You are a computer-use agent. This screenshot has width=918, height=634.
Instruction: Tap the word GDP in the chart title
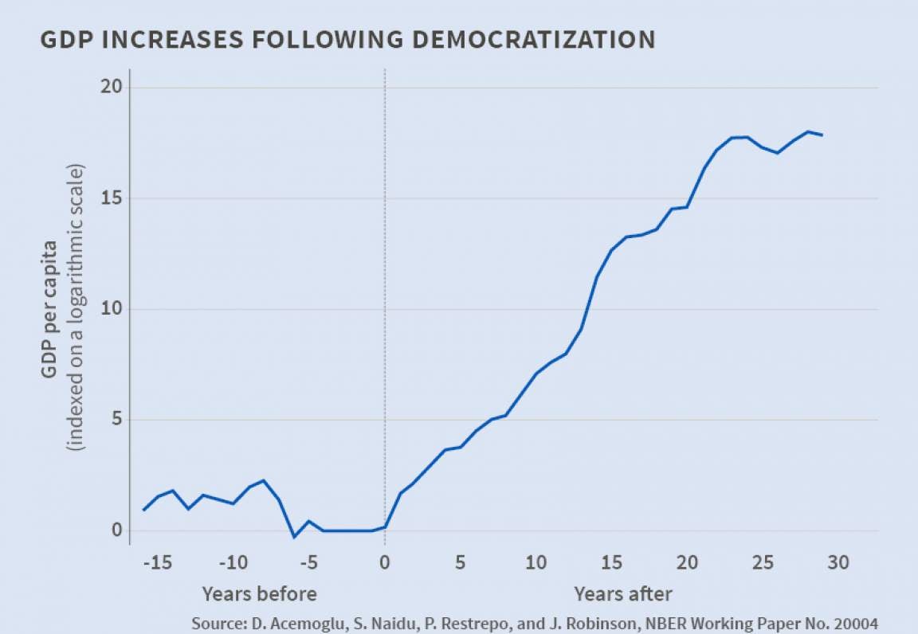[x=64, y=39]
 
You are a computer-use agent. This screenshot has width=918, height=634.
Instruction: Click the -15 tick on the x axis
[x=157, y=563]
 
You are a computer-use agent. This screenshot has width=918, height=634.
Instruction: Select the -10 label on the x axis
[x=233, y=563]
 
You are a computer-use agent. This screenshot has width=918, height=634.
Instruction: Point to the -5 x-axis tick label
[x=308, y=563]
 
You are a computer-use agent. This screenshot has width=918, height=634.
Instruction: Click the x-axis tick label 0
[x=385, y=563]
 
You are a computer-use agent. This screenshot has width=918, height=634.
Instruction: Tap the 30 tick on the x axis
[x=838, y=563]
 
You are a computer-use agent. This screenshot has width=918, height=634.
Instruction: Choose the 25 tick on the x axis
[x=763, y=563]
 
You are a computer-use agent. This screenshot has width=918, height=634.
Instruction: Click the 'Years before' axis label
[x=259, y=594]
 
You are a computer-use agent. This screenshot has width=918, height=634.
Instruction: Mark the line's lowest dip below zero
[x=294, y=537]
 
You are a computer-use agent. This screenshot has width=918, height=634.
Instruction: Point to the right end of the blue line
[x=822, y=135]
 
